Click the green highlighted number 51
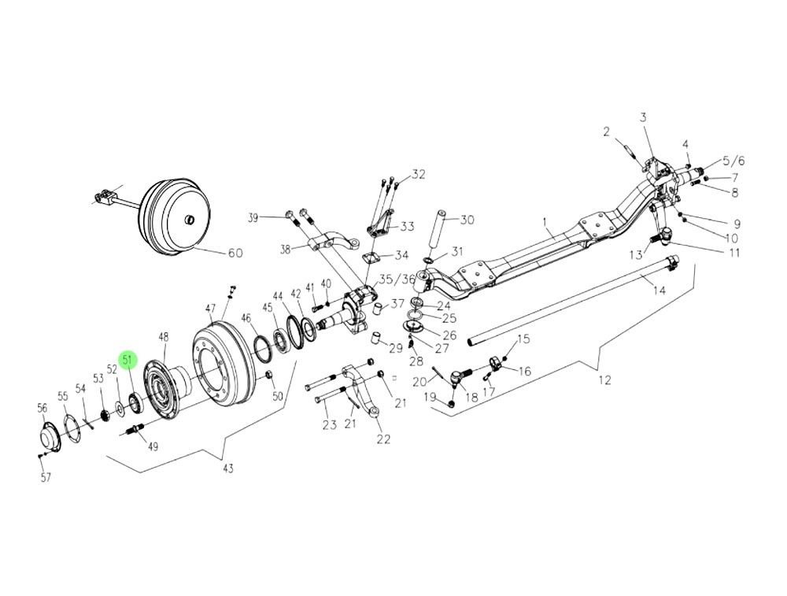pos(128,361)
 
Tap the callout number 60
pos(235,254)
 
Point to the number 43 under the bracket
pos(228,469)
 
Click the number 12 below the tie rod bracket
pos(604,380)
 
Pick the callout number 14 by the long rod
pos(660,291)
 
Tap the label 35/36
pos(396,279)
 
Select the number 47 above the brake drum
pos(210,308)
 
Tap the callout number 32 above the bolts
pos(417,174)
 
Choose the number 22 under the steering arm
pos(383,439)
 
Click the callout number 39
pos(253,217)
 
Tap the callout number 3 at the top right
pos(643,118)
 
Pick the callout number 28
pos(416,361)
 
